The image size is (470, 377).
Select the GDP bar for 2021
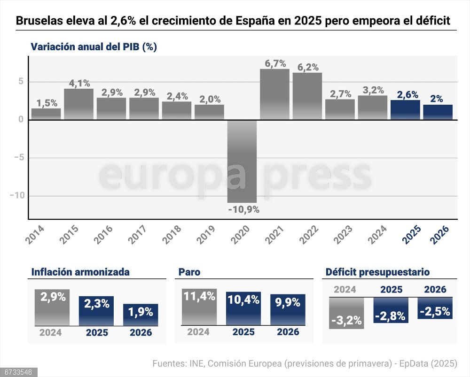pyautogui.click(x=275, y=94)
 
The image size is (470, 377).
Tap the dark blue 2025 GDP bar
pyautogui.click(x=405, y=110)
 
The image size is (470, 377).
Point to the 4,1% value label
pyautogui.click(x=79, y=83)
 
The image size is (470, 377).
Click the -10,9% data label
pyautogui.click(x=243, y=209)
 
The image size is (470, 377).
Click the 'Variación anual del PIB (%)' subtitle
pyautogui.click(x=94, y=47)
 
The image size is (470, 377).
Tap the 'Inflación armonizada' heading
pyautogui.click(x=80, y=272)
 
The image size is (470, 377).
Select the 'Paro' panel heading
pyautogui.click(x=189, y=272)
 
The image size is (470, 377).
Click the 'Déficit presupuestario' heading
pyautogui.click(x=377, y=272)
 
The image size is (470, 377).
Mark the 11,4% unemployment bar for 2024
pyautogui.click(x=199, y=307)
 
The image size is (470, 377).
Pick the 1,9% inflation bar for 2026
pyautogui.click(x=141, y=315)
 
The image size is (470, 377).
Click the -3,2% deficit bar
pyautogui.click(x=346, y=313)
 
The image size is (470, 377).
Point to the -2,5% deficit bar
pyautogui.click(x=435, y=308)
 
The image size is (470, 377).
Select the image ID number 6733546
pyautogui.click(x=18, y=372)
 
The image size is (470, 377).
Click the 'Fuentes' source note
pyautogui.click(x=305, y=363)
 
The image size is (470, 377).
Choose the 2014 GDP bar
pyautogui.click(x=46, y=114)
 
